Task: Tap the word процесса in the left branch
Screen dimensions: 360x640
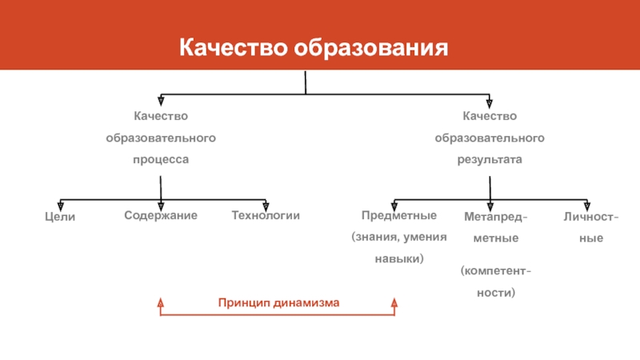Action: coord(161,160)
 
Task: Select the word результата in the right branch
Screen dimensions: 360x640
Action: coord(490,160)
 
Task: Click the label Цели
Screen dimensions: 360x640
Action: coord(60,217)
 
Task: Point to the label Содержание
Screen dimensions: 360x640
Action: coord(161,216)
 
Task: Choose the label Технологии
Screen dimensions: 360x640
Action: coord(266,216)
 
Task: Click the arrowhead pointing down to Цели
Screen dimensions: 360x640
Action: coord(60,206)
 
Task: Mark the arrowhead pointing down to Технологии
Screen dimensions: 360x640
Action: coord(266,206)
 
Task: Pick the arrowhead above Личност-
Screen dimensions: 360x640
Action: coord(588,206)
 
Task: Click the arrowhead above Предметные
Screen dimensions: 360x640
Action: coord(394,206)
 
